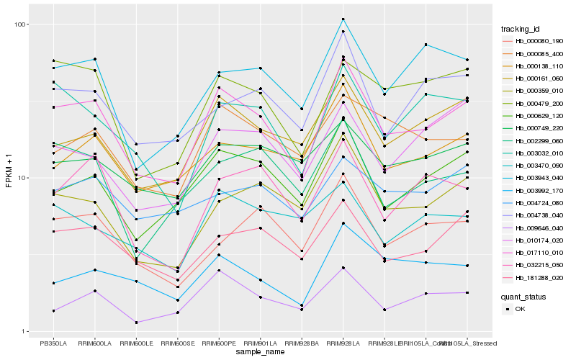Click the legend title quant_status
click(x=523, y=296)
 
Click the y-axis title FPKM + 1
click(x=9, y=177)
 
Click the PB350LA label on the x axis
click(x=53, y=343)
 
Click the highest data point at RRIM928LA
click(x=343, y=19)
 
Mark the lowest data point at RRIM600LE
click(x=136, y=323)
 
